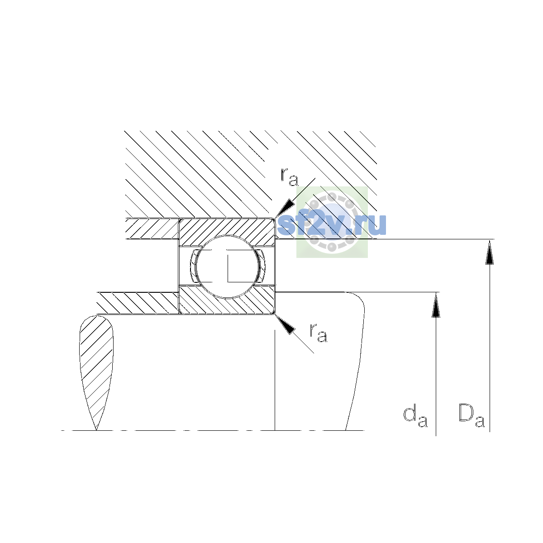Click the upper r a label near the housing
(289, 177)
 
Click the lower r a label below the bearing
(319, 333)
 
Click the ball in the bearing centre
(227, 267)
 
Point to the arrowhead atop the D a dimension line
(490, 252)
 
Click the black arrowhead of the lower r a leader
(285, 325)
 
